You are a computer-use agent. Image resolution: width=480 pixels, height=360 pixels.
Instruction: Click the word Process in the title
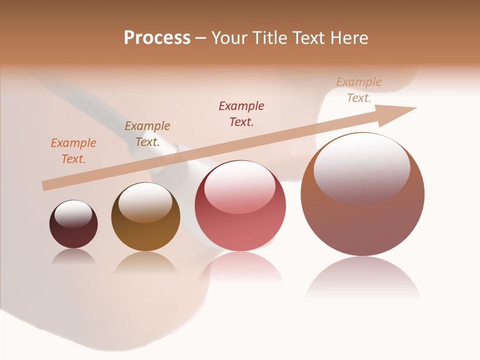tap(157, 38)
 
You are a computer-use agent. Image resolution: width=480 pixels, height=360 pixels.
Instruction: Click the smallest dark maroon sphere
tap(73, 232)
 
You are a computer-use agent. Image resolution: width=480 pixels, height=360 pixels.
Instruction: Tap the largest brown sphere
tap(362, 225)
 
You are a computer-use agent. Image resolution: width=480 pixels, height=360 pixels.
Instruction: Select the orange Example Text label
tap(73, 151)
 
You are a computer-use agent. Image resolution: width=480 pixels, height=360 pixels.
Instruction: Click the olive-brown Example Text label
tap(147, 134)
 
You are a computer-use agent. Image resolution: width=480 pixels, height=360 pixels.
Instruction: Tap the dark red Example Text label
tap(241, 113)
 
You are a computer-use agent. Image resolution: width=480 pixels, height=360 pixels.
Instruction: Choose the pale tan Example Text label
tap(359, 90)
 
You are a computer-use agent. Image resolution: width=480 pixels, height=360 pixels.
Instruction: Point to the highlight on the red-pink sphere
tap(239, 186)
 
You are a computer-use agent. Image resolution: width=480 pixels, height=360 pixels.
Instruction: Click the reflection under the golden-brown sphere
tap(145, 262)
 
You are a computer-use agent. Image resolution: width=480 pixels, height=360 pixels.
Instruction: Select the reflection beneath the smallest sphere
tap(73, 256)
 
